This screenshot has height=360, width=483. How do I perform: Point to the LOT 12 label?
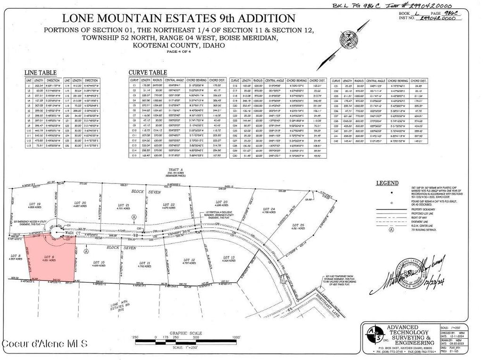tap(190, 259)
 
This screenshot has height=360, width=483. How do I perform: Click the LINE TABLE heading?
tap(41, 73)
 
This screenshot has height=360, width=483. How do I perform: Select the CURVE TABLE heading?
tap(148, 73)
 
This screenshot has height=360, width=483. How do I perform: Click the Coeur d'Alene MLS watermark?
tap(44, 345)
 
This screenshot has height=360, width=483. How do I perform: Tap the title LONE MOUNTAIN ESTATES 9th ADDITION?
tap(179, 19)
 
